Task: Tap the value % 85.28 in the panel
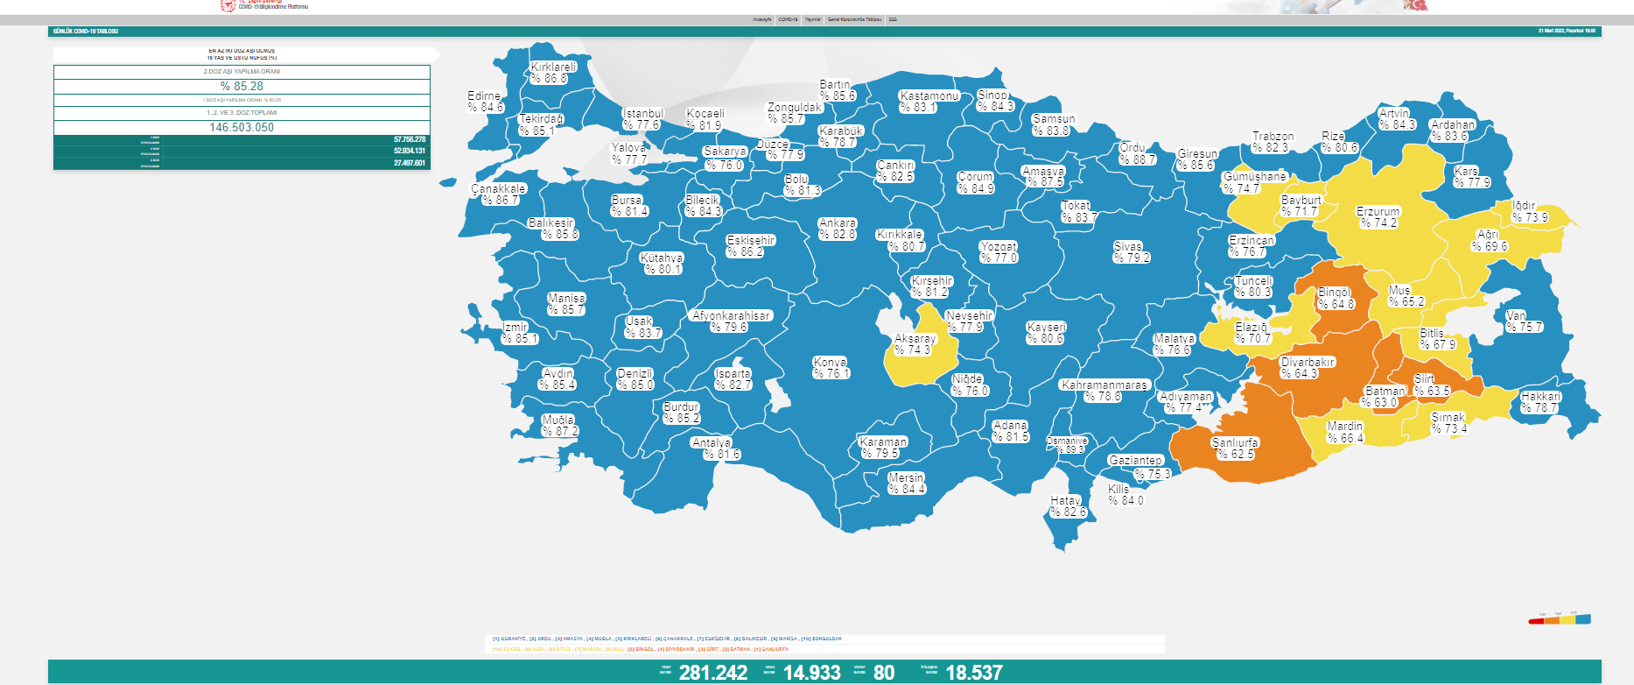point(242,86)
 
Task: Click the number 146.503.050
point(242,127)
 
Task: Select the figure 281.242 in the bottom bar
point(713,673)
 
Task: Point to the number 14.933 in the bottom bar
point(811,673)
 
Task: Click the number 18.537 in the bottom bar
point(974,673)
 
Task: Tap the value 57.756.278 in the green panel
point(409,139)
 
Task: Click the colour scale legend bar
point(1560,620)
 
